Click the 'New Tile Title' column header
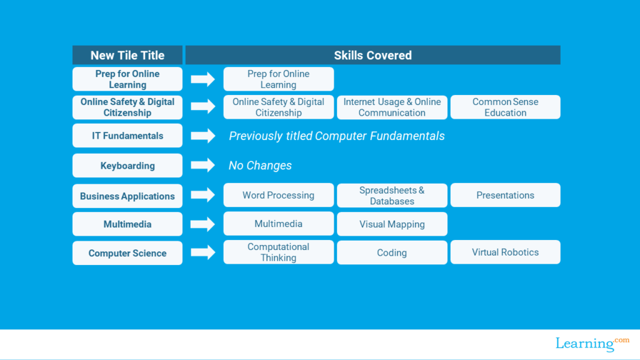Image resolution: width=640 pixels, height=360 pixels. [127, 55]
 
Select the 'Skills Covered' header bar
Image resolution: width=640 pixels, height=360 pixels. [372, 55]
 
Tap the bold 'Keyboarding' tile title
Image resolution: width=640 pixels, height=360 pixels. [127, 166]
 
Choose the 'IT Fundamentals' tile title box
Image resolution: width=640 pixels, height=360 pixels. [127, 136]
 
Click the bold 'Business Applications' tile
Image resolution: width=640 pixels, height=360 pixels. [127, 196]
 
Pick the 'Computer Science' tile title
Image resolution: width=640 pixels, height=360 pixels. [127, 253]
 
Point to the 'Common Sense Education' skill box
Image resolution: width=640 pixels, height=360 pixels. [505, 107]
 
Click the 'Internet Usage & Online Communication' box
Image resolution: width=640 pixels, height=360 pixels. [392, 107]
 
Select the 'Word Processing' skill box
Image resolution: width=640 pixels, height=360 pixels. [278, 195]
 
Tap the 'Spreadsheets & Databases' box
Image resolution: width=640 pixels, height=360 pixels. [392, 196]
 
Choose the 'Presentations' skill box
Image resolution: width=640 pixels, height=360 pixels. [505, 195]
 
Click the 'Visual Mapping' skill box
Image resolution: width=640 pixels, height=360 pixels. [392, 224]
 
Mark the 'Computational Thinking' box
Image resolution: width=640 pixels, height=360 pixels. [278, 252]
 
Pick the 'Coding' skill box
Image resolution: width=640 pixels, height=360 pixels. [392, 252]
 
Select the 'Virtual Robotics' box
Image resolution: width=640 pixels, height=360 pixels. [505, 252]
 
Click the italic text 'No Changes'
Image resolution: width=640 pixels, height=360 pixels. [260, 166]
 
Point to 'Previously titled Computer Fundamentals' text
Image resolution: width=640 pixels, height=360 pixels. [336, 136]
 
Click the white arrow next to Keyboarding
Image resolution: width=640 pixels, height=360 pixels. [203, 166]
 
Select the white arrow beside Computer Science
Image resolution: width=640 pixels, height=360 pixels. [203, 252]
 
